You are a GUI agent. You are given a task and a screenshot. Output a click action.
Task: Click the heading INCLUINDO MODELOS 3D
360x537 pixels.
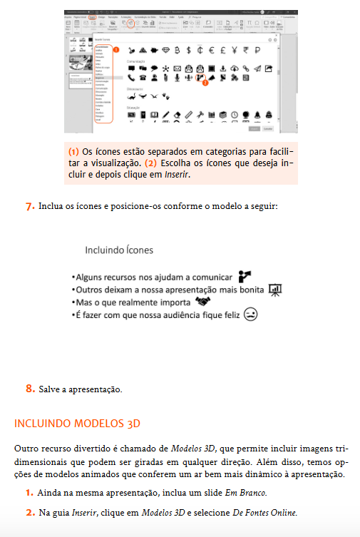click(x=76, y=424)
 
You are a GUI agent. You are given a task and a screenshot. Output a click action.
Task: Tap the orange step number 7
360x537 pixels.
click(x=30, y=207)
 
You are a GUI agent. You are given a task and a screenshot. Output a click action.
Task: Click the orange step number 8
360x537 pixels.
click(x=30, y=389)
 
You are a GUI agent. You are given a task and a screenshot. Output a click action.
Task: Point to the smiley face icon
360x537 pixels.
click(x=250, y=314)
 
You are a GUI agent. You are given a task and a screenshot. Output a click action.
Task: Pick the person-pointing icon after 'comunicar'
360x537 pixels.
click(x=246, y=275)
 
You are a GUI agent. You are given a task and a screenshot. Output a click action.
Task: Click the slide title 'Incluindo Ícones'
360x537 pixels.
click(x=118, y=250)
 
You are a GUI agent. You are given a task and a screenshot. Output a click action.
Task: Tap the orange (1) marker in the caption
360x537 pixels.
click(x=73, y=152)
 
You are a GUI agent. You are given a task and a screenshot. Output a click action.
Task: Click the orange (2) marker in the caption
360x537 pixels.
click(x=150, y=163)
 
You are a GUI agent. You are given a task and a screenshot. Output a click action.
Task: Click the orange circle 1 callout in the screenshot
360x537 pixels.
click(x=115, y=50)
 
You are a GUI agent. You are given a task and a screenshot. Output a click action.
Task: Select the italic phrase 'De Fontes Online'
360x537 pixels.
click(x=264, y=512)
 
